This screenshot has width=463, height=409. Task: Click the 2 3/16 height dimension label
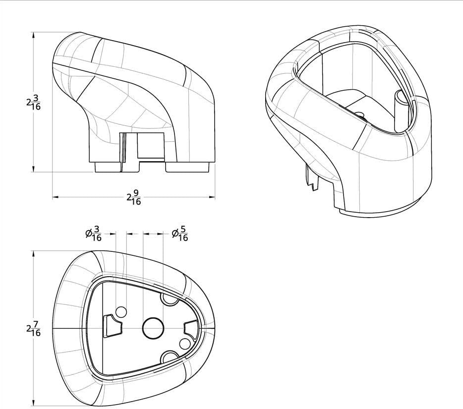point(33,102)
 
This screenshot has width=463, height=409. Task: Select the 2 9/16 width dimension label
point(134,197)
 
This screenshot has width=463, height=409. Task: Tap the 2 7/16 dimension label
point(33,328)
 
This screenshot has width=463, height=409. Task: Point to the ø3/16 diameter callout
point(93,234)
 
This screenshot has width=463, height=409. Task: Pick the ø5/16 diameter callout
point(180,234)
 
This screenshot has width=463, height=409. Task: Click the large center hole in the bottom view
point(153,328)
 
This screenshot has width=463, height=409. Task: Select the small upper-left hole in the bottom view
point(121,312)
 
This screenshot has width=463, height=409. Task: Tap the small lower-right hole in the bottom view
point(185,344)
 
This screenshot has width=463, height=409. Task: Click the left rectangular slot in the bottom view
point(112,326)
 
